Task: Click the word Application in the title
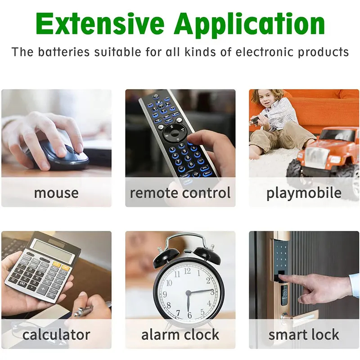(x=249, y=25)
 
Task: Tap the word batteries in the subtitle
(x=63, y=52)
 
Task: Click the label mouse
(x=56, y=193)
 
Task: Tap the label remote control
(x=180, y=193)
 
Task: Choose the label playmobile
(x=304, y=193)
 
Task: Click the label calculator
(x=56, y=334)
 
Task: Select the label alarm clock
(x=180, y=334)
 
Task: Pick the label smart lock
(x=304, y=334)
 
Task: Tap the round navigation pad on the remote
(x=175, y=133)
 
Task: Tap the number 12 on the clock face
(x=187, y=271)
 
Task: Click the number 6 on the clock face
(x=189, y=315)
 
